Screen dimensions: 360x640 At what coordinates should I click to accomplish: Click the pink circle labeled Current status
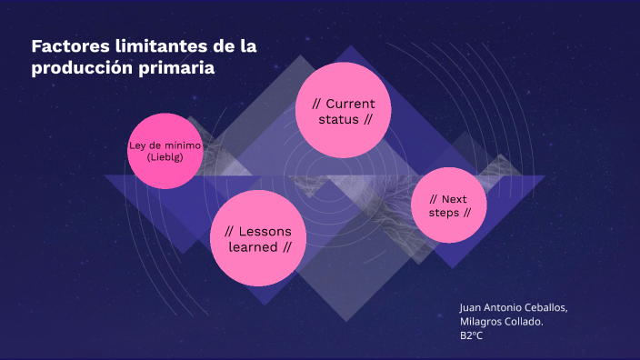point(343,109)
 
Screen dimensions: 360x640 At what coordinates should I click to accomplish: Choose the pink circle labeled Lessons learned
point(258,237)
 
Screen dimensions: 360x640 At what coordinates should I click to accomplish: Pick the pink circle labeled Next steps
point(449,205)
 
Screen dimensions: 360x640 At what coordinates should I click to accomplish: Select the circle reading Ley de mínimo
point(165,151)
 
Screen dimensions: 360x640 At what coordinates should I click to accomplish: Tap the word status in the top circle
point(338,120)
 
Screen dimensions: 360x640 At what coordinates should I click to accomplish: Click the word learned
point(252,247)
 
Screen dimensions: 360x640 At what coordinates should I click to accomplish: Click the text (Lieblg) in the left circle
point(165,157)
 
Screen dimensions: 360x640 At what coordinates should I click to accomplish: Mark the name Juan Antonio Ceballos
point(514,307)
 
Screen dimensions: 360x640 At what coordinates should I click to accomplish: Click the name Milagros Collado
point(502,321)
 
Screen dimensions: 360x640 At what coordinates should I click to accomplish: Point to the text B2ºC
point(471,335)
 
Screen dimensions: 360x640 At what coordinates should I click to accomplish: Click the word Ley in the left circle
point(137,145)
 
